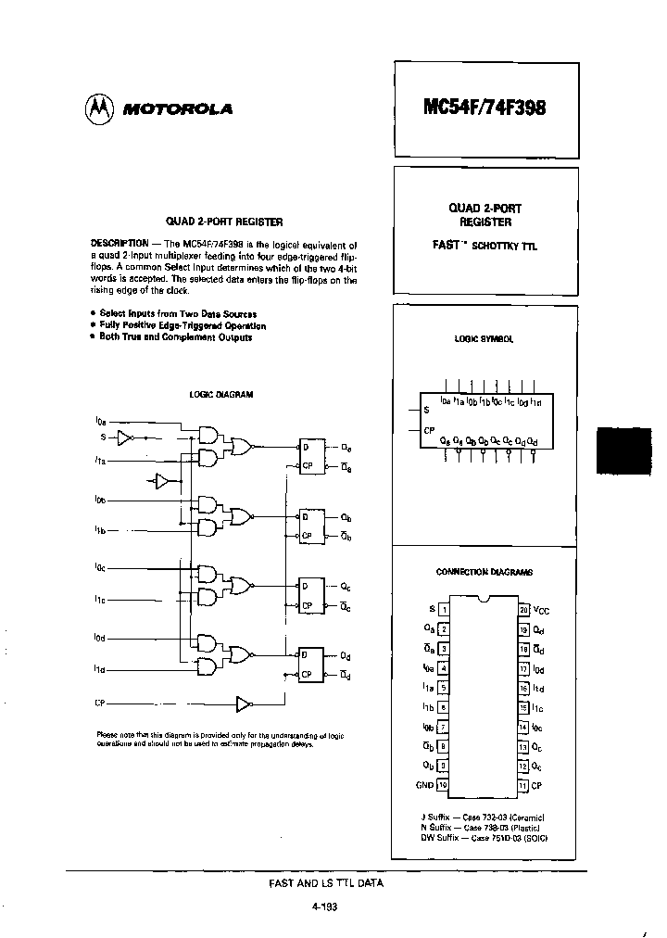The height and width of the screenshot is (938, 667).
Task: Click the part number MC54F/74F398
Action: tap(486, 107)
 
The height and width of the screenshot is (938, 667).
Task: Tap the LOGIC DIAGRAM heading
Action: tap(221, 394)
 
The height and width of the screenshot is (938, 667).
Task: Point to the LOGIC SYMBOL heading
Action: tap(485, 340)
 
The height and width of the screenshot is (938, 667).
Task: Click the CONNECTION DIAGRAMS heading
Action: tap(484, 572)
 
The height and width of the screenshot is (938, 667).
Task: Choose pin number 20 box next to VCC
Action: tap(524, 609)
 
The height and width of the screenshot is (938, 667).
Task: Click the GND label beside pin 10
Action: tap(424, 784)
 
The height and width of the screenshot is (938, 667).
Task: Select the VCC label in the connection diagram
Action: tap(542, 609)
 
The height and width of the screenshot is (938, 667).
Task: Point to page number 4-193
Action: tap(325, 907)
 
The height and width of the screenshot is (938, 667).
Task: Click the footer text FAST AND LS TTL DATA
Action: tap(325, 883)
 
